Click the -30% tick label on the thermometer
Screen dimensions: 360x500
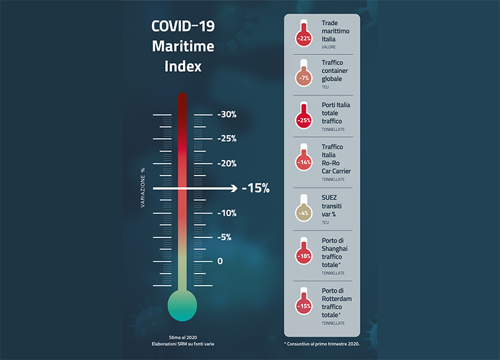(x=227, y=114)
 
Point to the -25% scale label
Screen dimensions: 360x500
(x=227, y=139)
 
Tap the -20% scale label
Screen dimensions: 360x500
(x=227, y=164)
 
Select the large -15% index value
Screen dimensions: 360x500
(x=255, y=188)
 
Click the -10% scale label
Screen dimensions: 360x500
(x=227, y=213)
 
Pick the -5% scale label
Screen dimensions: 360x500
(x=224, y=237)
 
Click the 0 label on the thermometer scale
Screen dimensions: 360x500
(x=220, y=261)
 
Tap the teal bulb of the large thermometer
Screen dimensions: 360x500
(x=182, y=306)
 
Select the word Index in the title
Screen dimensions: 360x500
(x=182, y=66)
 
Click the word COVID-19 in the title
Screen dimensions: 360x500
(x=182, y=26)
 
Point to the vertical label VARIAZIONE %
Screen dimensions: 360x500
(x=143, y=188)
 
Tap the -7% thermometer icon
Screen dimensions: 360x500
(x=304, y=77)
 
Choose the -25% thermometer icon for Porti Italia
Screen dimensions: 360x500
(x=304, y=119)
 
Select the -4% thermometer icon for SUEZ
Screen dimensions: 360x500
(x=304, y=212)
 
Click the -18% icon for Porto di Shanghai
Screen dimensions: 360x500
(x=304, y=255)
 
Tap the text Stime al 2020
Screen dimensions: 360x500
(x=182, y=336)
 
